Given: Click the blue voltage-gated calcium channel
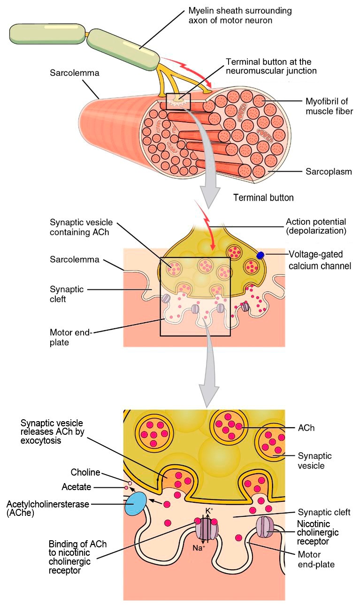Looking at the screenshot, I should click(260, 255).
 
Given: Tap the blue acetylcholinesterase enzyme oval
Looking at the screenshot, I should click(135, 504).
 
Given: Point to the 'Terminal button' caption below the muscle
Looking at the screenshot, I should click(263, 197).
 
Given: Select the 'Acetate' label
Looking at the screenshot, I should click(77, 487).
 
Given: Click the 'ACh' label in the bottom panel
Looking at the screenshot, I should click(306, 428).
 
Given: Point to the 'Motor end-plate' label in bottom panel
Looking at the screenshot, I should click(316, 560).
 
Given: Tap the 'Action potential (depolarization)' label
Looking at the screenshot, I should click(316, 226).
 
